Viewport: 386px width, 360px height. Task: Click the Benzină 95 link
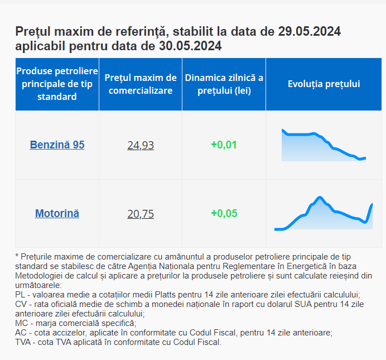(57, 145)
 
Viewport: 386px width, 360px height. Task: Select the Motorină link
(57, 213)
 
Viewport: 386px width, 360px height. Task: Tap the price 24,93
(141, 146)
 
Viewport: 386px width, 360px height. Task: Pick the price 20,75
(141, 214)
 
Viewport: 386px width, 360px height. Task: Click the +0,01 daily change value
(224, 145)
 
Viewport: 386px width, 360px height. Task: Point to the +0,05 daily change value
(224, 213)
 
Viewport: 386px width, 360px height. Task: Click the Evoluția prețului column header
(324, 84)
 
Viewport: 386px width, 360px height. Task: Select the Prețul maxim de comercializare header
(141, 84)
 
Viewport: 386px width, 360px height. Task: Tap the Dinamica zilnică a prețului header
(224, 84)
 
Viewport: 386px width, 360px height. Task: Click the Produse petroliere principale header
(57, 84)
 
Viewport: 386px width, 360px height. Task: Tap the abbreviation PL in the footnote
(20, 294)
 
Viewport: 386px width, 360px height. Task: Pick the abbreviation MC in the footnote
(21, 323)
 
